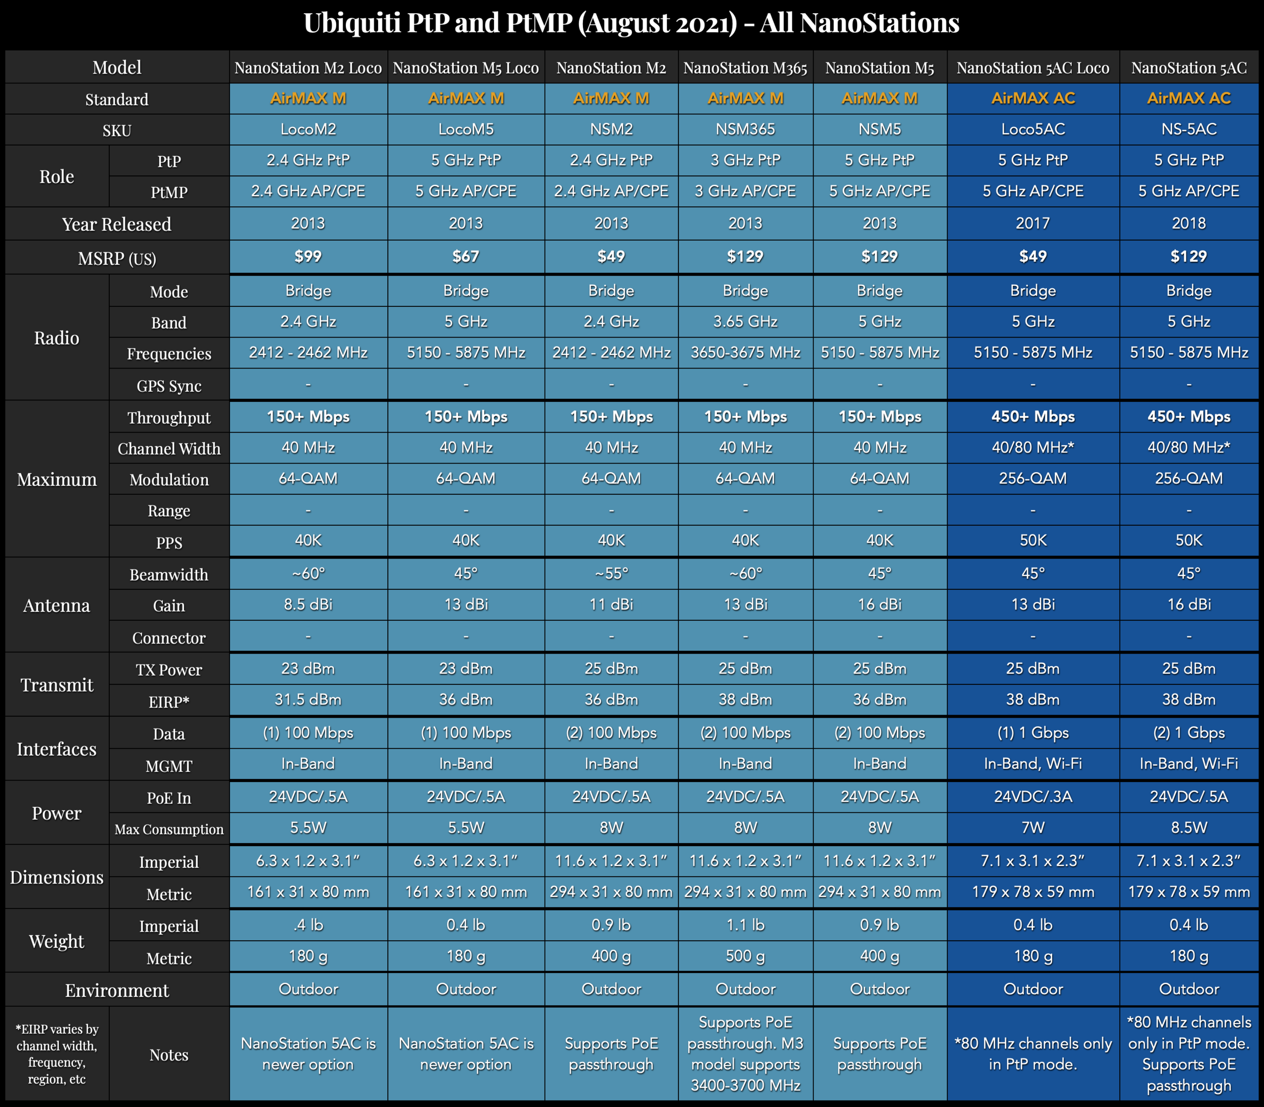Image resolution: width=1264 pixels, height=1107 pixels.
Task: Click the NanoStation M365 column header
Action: pos(745,68)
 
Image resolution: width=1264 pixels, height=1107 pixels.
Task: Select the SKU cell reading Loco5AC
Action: pos(1033,129)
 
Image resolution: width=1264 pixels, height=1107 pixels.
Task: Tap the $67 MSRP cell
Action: pos(466,256)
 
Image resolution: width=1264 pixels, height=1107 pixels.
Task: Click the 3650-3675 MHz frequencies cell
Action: pos(745,353)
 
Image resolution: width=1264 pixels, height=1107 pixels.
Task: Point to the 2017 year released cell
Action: pos(1033,223)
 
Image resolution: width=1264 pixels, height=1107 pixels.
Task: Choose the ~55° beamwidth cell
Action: pos(611,573)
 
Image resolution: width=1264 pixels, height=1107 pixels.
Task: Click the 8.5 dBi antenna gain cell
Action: pos(308,604)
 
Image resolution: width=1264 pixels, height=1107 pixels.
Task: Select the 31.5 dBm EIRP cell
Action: pos(308,699)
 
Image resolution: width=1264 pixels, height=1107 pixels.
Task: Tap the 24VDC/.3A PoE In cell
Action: pos(1033,797)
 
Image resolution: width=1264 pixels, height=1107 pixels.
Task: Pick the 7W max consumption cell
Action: pos(1033,828)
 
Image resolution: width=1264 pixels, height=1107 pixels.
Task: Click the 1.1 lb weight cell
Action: pos(745,925)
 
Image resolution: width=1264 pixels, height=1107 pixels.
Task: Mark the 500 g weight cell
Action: pos(745,956)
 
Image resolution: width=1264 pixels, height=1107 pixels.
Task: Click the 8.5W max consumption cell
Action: pos(1189,828)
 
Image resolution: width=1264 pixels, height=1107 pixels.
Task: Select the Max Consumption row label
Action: pos(169,829)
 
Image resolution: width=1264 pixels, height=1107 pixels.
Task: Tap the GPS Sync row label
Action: pos(169,386)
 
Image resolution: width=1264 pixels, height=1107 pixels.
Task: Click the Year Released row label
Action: pos(117,224)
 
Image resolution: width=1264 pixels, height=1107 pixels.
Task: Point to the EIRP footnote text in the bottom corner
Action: pos(57,1054)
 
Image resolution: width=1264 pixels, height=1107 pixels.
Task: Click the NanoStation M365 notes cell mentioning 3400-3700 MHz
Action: pos(745,1054)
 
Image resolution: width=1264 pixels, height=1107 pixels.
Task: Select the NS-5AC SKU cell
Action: pos(1189,129)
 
